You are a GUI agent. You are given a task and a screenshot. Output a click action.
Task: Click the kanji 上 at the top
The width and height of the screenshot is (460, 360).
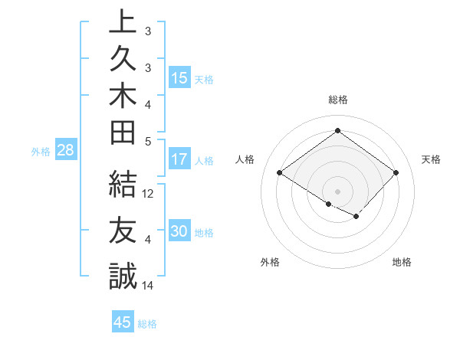click(123, 22)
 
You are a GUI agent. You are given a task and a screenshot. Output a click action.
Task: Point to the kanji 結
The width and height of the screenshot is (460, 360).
click(123, 185)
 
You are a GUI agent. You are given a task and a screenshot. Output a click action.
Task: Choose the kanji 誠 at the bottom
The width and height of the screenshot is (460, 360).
click(123, 277)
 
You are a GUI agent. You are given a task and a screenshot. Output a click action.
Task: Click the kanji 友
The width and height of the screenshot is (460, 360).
click(123, 231)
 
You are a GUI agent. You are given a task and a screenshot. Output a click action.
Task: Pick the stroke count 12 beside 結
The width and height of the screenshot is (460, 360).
click(149, 194)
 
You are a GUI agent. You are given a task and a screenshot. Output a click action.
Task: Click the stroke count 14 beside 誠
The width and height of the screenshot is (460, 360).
click(149, 286)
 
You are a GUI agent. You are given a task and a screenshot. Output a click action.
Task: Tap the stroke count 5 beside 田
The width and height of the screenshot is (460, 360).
click(148, 141)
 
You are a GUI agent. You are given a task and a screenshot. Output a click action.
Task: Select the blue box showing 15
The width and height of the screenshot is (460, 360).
click(179, 78)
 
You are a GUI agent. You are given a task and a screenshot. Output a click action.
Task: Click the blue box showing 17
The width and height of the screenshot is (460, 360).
click(179, 160)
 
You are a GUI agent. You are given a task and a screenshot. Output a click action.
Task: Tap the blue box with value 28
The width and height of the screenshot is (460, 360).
click(65, 150)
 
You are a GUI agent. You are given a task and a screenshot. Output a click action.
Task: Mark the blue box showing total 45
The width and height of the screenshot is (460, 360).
click(123, 322)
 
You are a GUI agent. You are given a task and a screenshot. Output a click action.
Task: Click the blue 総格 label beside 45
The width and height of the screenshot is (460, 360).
click(148, 324)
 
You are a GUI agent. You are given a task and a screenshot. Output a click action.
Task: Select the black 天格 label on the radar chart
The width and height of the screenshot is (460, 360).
click(431, 159)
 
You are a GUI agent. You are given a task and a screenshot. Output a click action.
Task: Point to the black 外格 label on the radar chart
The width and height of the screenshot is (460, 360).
click(270, 262)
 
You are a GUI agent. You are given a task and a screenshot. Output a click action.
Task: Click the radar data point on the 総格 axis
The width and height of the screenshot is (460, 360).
click(337, 130)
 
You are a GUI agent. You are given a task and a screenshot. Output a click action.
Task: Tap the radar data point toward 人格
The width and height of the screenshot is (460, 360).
click(280, 173)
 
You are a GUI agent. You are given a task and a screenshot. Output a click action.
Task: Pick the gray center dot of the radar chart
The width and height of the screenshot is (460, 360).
click(337, 191)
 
